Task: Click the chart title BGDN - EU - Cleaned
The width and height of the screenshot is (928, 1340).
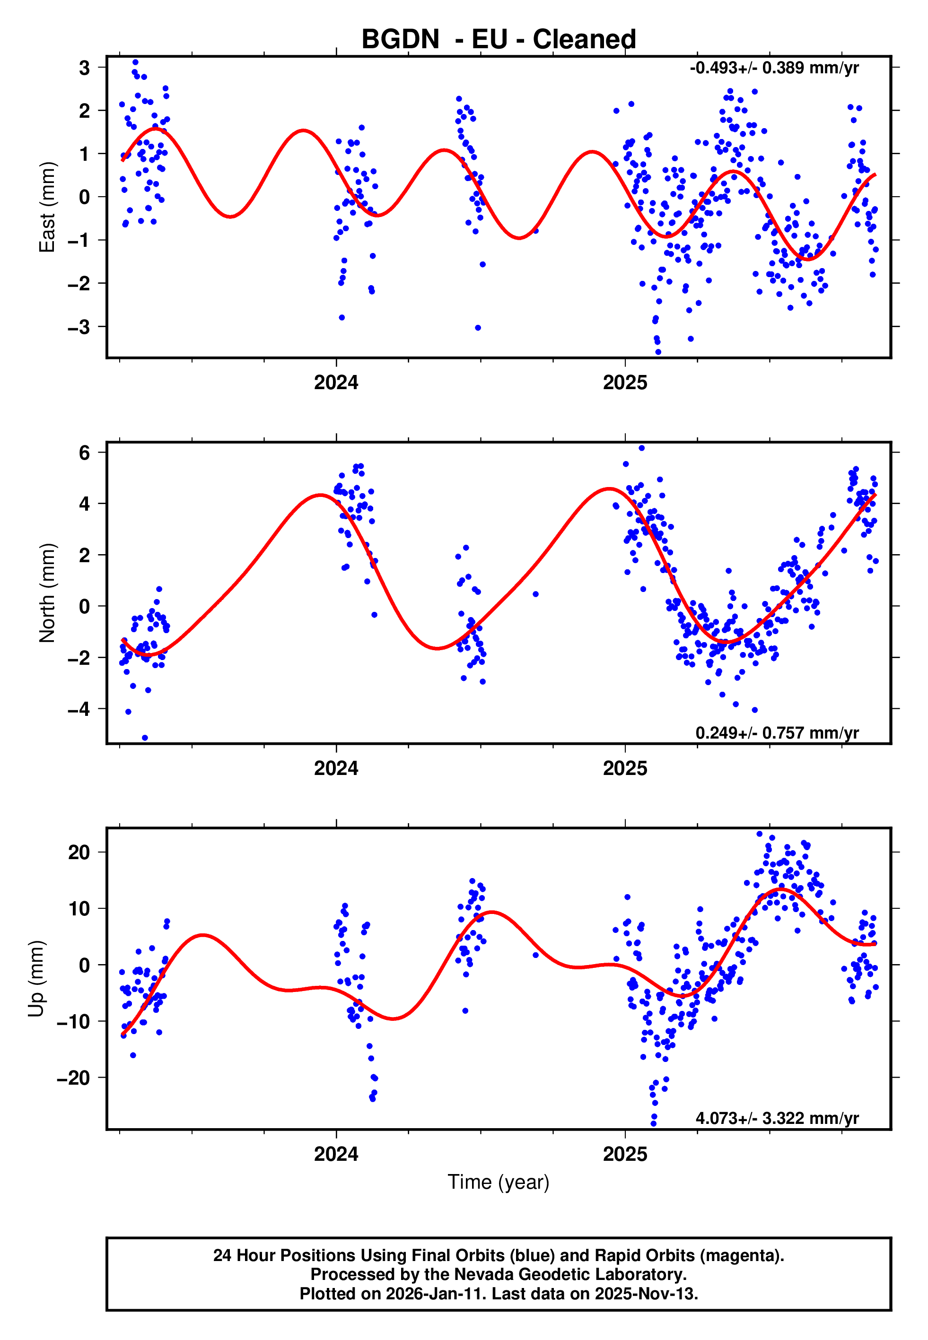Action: click(499, 40)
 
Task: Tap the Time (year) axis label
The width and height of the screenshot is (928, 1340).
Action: click(499, 1182)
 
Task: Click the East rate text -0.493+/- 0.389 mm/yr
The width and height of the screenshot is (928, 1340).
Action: click(774, 68)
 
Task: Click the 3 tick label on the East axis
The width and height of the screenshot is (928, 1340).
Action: click(85, 68)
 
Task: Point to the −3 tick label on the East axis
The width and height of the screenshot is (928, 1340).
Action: click(79, 327)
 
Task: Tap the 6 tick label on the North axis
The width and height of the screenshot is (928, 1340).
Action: click(85, 452)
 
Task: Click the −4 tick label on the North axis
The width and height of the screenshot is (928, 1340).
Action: click(79, 709)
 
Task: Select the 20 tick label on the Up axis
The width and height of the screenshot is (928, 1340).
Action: click(79, 853)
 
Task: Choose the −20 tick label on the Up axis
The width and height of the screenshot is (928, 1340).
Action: click(73, 1078)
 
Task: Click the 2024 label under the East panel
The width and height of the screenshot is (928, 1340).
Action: click(336, 383)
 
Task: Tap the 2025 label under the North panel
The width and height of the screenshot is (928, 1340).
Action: click(625, 769)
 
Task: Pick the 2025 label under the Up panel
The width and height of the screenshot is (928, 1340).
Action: click(625, 1154)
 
